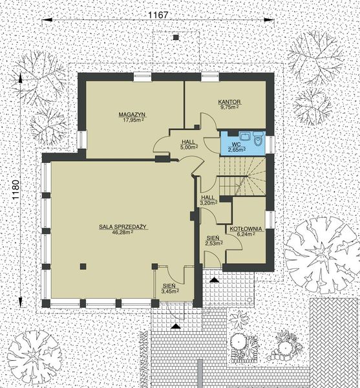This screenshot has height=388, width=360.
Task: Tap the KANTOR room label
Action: point(229,102)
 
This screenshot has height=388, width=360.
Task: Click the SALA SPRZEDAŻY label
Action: point(125,227)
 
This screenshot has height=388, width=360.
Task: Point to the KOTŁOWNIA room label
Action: point(243,229)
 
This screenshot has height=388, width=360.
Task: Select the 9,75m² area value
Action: point(229,108)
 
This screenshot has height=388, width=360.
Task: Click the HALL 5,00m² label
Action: point(188,144)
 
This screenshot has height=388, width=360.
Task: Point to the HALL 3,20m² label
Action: point(207,200)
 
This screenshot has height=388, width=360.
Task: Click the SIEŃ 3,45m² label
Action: point(169,289)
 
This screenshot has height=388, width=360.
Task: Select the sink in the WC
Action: point(244,136)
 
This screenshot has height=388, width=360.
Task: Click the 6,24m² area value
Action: point(243,235)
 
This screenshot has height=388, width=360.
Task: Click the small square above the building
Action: point(175,38)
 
